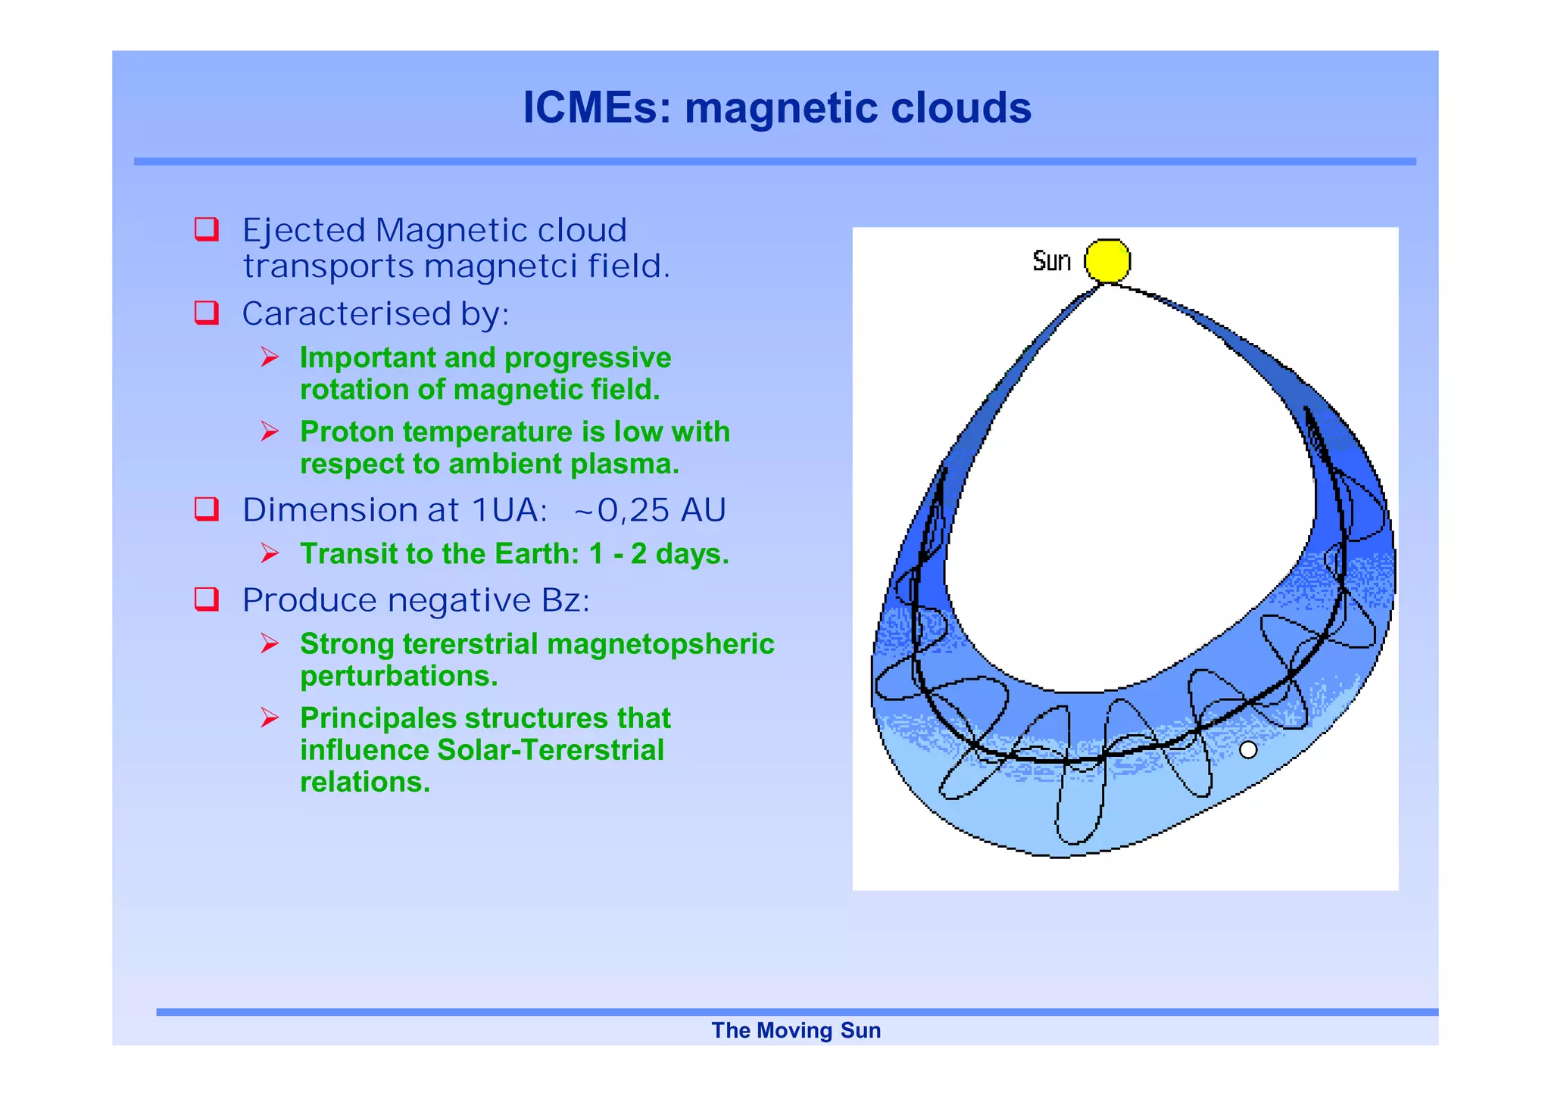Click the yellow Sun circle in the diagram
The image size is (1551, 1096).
(x=1107, y=261)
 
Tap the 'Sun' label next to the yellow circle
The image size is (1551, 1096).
(x=1051, y=261)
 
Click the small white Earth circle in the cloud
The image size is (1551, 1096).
(x=1248, y=750)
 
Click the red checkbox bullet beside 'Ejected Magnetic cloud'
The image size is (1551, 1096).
(x=207, y=229)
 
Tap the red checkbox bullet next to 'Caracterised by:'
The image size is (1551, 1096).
(x=207, y=312)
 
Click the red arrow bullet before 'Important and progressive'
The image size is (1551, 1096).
(x=270, y=357)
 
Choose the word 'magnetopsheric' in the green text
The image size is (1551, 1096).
(x=660, y=644)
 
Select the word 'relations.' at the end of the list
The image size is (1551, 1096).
(x=365, y=782)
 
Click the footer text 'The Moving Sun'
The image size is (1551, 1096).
(x=796, y=1030)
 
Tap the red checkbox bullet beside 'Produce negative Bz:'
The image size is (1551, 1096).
(x=207, y=599)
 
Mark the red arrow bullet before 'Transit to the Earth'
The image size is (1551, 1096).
(x=270, y=553)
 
